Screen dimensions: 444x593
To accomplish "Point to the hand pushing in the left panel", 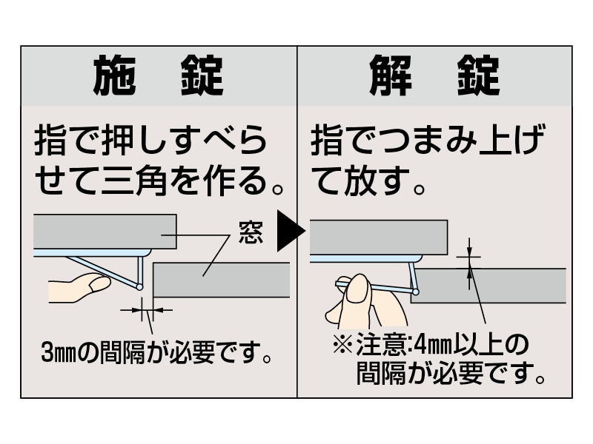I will pyautogui.click(x=79, y=286).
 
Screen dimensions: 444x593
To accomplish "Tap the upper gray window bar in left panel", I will pyautogui.click(x=104, y=232).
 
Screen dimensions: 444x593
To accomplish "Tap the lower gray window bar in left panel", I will pyautogui.click(x=222, y=280).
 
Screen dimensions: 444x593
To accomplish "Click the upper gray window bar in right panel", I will pyautogui.click(x=378, y=237).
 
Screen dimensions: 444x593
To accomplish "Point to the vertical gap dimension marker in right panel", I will pyautogui.click(x=468, y=263).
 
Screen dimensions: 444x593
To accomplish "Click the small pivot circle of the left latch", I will pyautogui.click(x=139, y=287).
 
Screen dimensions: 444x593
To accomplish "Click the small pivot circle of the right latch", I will pyautogui.click(x=416, y=293).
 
